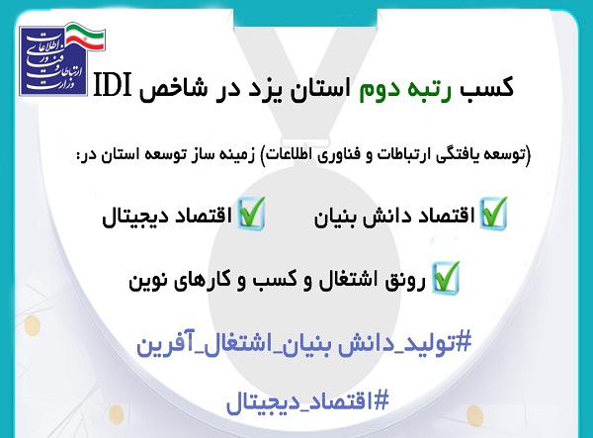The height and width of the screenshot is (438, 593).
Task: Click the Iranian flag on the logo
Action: tap(85, 37)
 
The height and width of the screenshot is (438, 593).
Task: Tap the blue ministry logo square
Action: tap(53, 61)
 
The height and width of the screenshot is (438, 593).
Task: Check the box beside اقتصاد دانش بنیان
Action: tap(493, 213)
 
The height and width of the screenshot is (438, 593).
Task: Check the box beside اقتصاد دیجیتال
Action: tap(251, 213)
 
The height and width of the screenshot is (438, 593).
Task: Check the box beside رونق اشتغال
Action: tap(446, 277)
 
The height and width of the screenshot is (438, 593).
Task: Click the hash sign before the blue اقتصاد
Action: tap(381, 400)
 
